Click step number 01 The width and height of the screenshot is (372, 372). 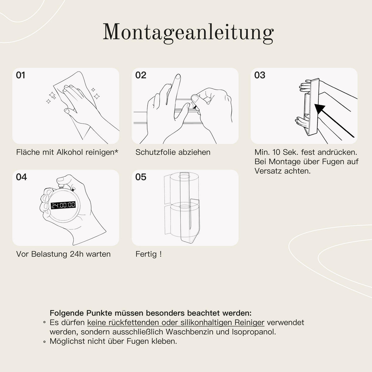(21, 75)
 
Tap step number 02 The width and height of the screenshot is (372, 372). (141, 75)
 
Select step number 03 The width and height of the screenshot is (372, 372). (260, 75)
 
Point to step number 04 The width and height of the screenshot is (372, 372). (21, 177)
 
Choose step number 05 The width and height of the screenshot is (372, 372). (141, 177)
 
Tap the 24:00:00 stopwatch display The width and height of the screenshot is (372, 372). (63, 205)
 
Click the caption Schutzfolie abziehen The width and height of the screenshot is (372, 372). (173, 152)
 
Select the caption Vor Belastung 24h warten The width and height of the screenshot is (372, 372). (63, 254)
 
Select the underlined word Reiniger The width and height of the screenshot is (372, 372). (249, 322)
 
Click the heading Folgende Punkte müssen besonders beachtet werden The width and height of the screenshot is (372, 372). (151, 313)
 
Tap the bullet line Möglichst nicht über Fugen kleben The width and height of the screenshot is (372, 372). (113, 341)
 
